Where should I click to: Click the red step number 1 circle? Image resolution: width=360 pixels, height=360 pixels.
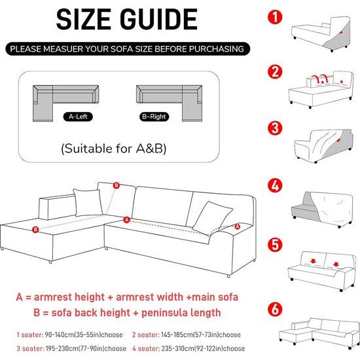click(275, 17)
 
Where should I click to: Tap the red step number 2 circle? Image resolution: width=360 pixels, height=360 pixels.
click(275, 71)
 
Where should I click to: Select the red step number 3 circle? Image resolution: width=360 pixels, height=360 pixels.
click(275, 128)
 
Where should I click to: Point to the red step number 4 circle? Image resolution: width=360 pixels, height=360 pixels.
click(275, 185)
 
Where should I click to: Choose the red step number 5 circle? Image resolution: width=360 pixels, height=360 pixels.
click(275, 245)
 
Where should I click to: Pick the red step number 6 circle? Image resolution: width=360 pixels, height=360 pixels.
click(275, 309)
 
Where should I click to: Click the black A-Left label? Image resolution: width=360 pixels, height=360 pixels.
click(78, 117)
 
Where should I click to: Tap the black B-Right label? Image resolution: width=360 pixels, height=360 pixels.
click(154, 117)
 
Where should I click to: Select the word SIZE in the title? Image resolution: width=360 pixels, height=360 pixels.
click(84, 19)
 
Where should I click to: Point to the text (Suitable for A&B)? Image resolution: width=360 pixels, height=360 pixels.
click(114, 149)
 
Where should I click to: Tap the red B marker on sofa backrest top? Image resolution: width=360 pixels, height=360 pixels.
click(117, 185)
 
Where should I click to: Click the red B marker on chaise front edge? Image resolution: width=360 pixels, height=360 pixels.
click(35, 229)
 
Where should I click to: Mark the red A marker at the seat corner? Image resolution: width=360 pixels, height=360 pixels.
click(126, 220)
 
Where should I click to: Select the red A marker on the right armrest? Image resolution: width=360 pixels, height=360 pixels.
click(237, 226)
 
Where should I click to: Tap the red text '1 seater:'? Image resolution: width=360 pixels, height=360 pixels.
click(30, 334)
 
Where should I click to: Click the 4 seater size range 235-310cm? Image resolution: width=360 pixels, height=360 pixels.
click(177, 348)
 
